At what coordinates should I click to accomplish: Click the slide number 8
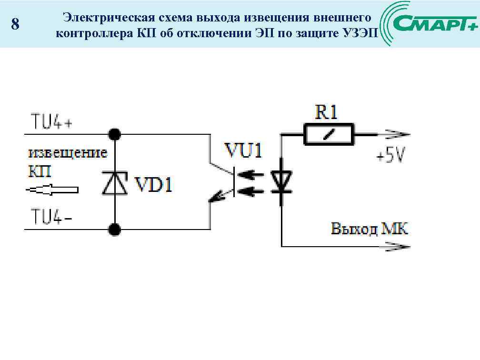[x=15, y=24]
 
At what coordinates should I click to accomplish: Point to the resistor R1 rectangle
[x=329, y=135]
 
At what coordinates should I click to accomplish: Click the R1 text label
[x=327, y=112]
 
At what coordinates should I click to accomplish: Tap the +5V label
[x=390, y=155]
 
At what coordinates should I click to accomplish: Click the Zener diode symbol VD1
[x=114, y=182]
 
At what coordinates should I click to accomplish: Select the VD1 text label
[x=153, y=184]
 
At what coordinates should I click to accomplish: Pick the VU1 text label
[x=243, y=152]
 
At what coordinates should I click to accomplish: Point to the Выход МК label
[x=370, y=229]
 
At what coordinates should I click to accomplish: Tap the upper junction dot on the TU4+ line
[x=114, y=134]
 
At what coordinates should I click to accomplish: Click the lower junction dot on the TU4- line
[x=114, y=230]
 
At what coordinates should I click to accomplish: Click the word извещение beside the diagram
[x=68, y=153]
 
